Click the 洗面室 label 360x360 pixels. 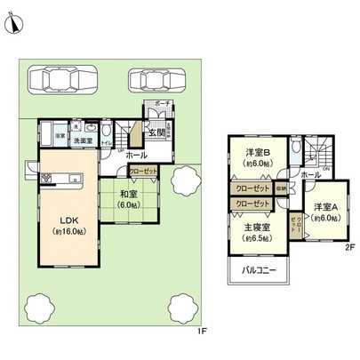pyautogui.click(x=83, y=141)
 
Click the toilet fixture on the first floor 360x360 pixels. pyautogui.click(x=106, y=129)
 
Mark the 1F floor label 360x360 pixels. pyautogui.click(x=202, y=332)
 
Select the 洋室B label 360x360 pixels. pyautogui.click(x=258, y=153)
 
